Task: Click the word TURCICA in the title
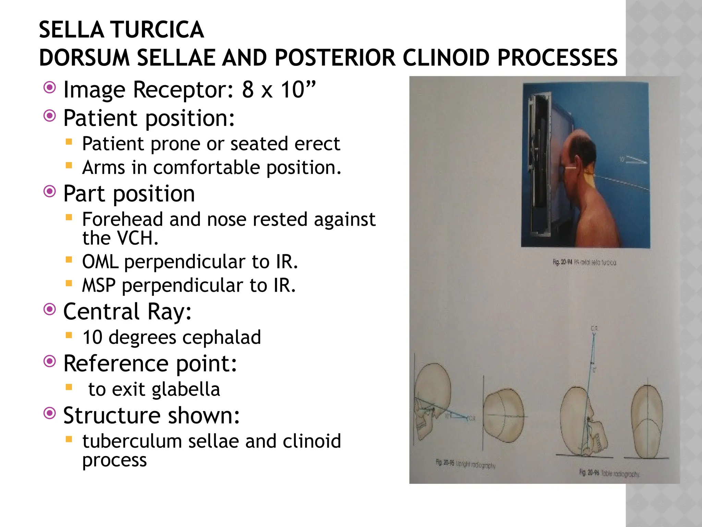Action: (x=157, y=30)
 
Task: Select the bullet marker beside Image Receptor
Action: (x=50, y=88)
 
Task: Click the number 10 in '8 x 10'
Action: (x=293, y=90)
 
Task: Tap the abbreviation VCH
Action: (x=137, y=238)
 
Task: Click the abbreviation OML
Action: (x=100, y=262)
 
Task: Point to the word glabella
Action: (x=186, y=389)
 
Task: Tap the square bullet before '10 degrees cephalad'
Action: (x=69, y=335)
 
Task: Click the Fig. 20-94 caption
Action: (x=584, y=262)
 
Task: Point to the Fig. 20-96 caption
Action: (x=609, y=473)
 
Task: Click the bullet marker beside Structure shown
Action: (x=50, y=413)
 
